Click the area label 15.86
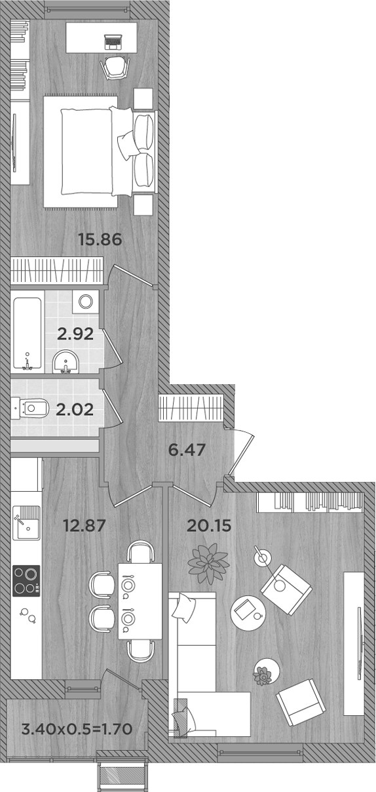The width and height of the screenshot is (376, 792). tap(100, 239)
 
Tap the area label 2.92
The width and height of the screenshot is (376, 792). tap(75, 334)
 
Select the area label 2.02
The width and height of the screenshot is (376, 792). tap(75, 410)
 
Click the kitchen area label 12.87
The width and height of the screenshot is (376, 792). tap(84, 525)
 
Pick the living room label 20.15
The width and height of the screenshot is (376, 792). tap(209, 525)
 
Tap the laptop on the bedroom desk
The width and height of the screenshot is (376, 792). tap(114, 41)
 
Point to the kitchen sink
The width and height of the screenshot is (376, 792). tap(26, 522)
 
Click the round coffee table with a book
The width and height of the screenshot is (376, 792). tap(246, 610)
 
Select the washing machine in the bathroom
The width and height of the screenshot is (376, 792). tap(85, 302)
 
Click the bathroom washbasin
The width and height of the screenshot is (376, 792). tap(65, 362)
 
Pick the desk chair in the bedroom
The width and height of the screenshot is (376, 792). tap(115, 66)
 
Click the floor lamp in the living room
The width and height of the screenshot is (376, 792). tap(262, 557)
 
